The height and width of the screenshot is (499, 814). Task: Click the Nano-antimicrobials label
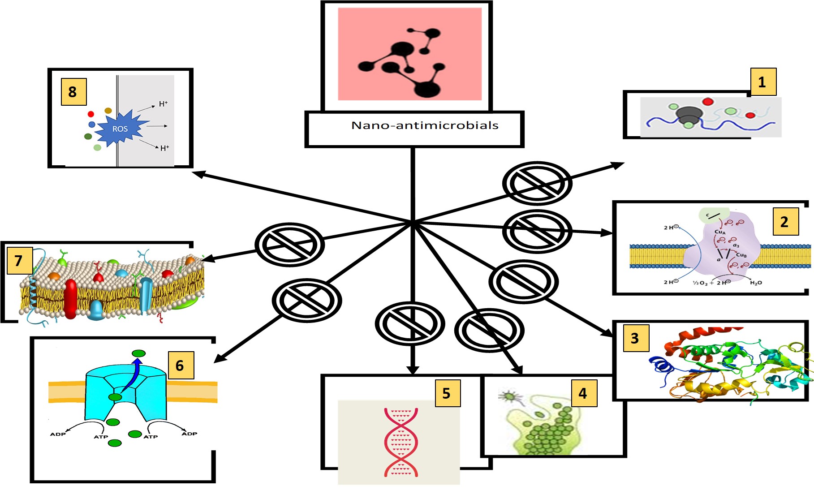424,125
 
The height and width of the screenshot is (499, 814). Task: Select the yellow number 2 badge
785,222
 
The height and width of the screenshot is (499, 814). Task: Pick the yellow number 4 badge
584,393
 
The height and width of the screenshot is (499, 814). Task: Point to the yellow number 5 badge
447,393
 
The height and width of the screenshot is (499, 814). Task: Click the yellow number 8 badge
73,92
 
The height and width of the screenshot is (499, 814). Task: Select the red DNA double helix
401,442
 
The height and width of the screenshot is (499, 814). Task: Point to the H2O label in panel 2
756,283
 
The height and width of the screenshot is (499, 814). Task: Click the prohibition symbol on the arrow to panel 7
289,245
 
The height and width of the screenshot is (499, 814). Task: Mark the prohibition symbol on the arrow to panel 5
409,323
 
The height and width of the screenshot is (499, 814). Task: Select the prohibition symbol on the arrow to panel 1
537,184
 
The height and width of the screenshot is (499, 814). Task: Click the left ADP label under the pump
58,434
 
